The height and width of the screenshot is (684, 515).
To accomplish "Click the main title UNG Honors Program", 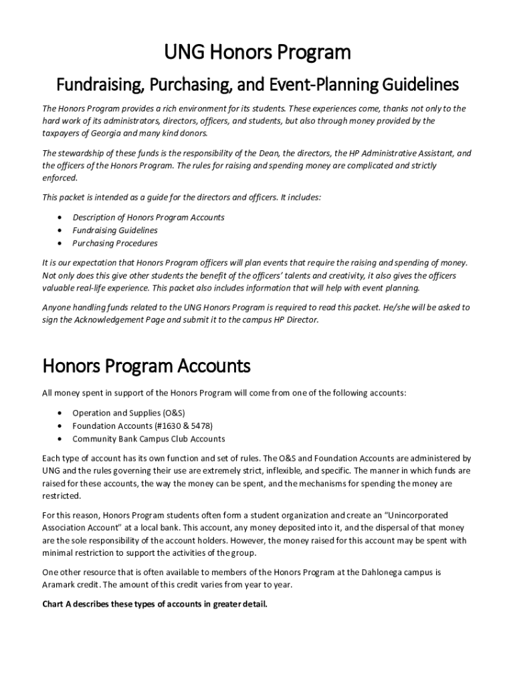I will point(257,53).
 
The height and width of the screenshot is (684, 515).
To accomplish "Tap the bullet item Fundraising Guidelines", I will point(115,230).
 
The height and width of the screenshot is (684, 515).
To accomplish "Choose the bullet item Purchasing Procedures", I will point(115,243).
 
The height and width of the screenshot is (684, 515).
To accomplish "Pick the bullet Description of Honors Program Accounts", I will point(148,218).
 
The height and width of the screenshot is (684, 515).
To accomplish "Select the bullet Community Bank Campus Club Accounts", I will point(148,439).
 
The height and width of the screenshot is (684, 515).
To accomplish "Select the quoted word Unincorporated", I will point(415,516).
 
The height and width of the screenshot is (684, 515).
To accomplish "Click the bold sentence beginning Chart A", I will point(154,605).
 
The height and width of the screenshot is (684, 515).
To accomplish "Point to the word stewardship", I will point(81,153).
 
